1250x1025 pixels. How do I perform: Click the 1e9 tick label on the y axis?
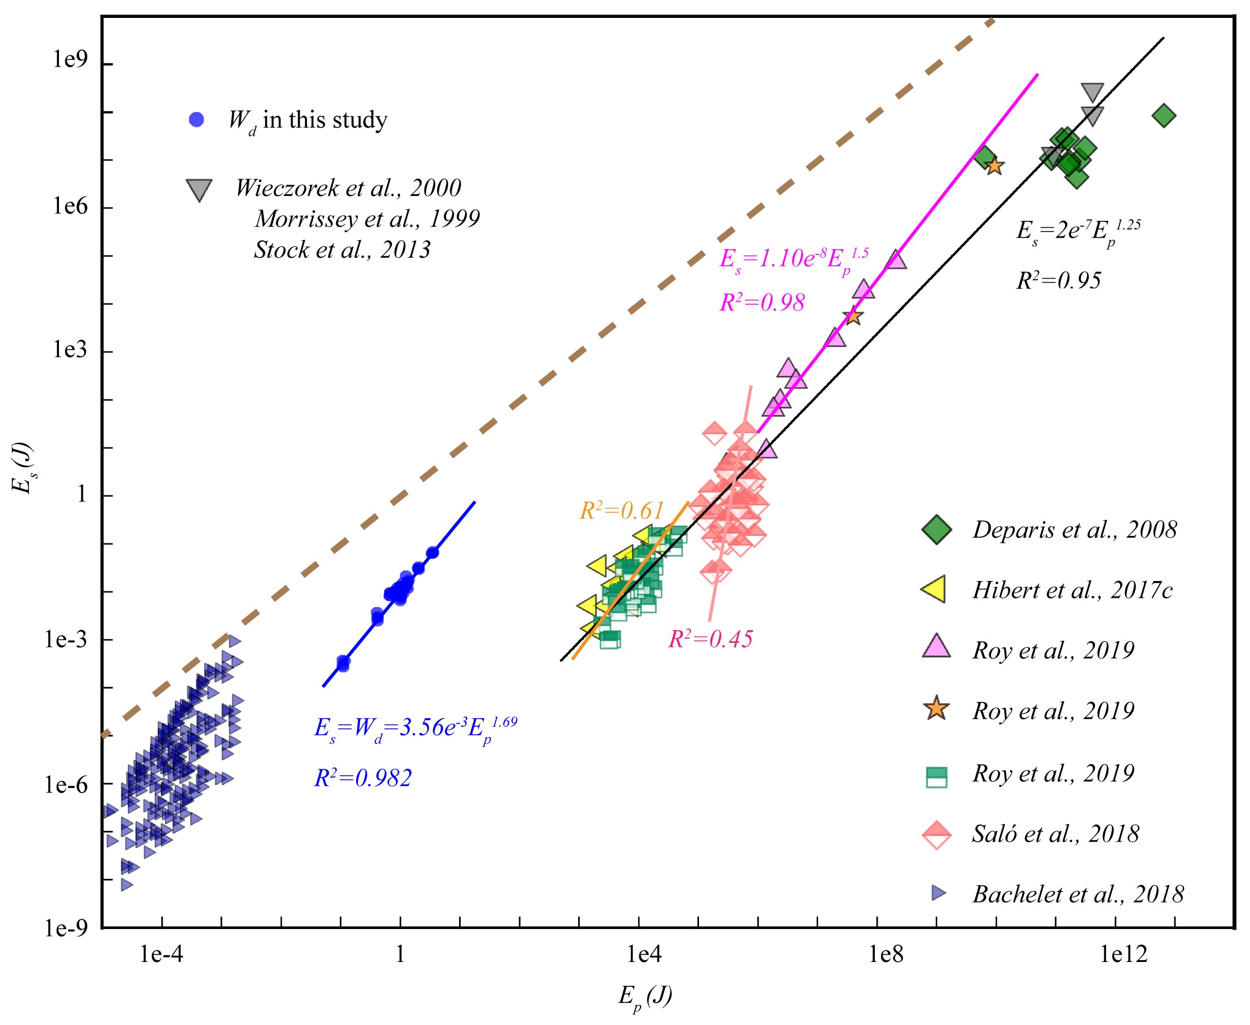[70, 60]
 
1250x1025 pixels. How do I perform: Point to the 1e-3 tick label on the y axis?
[65, 639]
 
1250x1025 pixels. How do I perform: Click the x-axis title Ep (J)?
[645, 997]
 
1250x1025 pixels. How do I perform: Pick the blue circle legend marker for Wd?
[196, 120]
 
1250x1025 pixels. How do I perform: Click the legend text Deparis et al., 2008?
[1074, 530]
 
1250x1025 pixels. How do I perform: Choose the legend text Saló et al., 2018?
[1055, 834]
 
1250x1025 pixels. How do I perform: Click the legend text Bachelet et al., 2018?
[1078, 894]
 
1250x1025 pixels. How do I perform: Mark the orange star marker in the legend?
[937, 709]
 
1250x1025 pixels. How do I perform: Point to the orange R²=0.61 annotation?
[622, 510]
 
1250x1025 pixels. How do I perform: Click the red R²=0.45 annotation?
[711, 639]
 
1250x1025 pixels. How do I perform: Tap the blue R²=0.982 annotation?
[363, 778]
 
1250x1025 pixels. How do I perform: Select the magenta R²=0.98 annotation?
[761, 302]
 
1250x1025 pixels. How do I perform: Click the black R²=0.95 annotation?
[1058, 280]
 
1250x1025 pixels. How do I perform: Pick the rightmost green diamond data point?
[1163, 116]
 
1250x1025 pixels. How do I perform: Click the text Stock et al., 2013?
[342, 250]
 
